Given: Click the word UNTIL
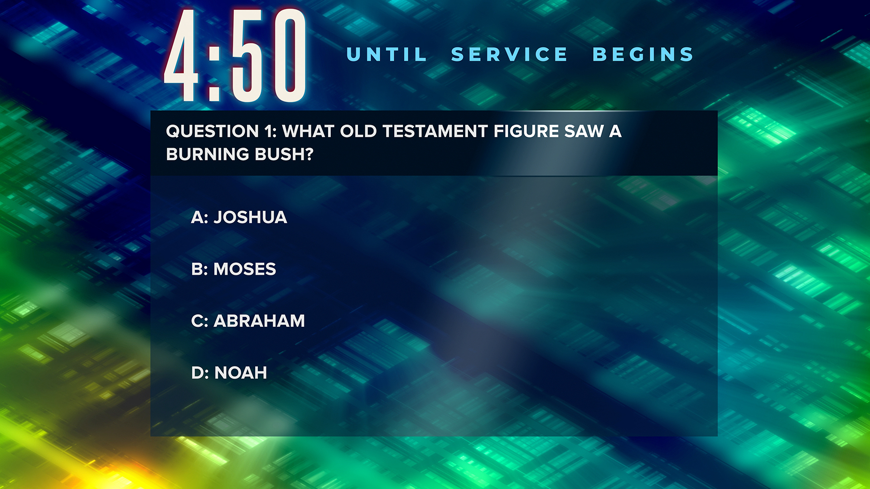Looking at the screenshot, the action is point(387,54).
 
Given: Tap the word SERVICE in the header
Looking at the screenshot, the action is point(509,54).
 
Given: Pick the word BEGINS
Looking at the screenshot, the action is point(643,54).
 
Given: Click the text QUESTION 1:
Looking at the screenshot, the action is point(221,131).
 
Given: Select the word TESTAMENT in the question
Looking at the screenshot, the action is point(435,131).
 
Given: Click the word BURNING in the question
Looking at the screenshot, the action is point(208,154).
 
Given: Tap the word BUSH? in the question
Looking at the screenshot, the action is point(284,154).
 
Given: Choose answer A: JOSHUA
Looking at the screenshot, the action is point(239,217).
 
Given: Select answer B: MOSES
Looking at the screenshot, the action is point(233,269).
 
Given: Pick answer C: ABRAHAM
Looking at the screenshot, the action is point(248,321).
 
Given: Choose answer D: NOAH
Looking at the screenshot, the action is point(229,373).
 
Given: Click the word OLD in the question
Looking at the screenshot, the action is point(358,131).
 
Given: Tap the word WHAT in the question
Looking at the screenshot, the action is point(308,131).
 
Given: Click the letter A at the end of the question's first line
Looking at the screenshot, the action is point(615,131).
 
